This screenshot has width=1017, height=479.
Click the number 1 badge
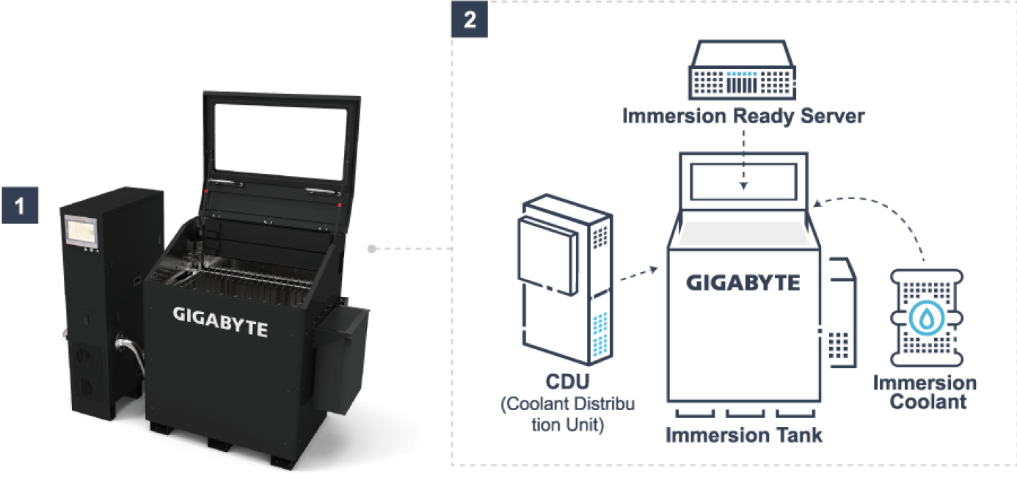[20, 204]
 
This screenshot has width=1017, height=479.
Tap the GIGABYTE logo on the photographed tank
[220, 323]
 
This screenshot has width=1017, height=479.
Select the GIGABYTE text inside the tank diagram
[743, 282]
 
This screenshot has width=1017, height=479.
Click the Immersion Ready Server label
[743, 116]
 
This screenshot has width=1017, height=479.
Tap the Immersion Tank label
[743, 434]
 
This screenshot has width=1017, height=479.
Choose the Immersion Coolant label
[925, 392]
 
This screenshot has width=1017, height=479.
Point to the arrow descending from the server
[743, 158]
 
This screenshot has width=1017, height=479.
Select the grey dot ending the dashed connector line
[372, 249]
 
